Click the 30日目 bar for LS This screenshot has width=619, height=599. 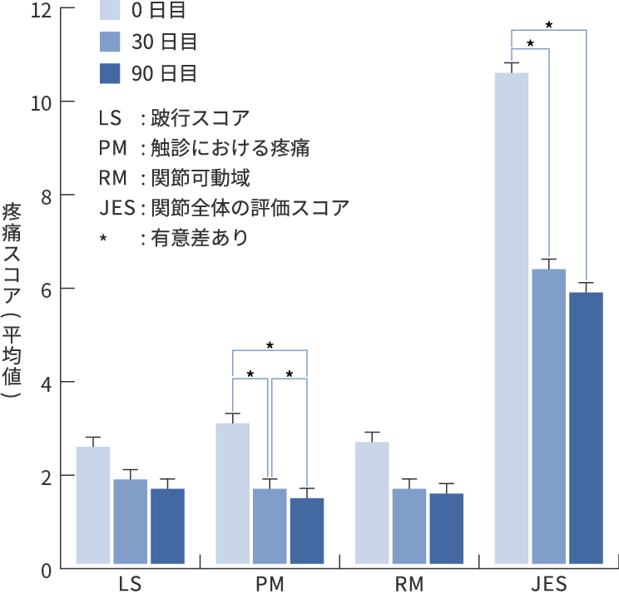131,524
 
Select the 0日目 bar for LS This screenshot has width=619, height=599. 93,507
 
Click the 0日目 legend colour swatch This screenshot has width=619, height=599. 111,10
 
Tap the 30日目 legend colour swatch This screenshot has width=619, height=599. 111,42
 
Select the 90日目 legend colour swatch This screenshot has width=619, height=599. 111,73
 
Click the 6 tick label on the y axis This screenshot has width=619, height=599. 46,289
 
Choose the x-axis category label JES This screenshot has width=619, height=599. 548,585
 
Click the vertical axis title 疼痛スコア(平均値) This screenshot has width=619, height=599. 14,299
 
